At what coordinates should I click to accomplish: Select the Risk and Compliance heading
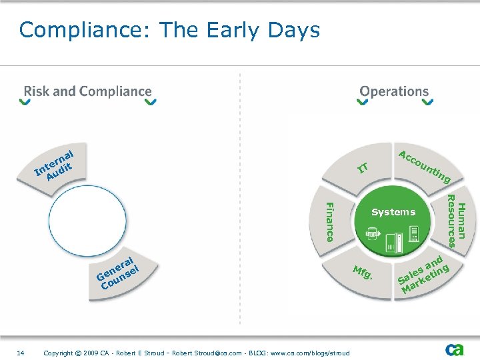(x=88, y=91)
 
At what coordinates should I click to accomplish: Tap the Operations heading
(x=394, y=91)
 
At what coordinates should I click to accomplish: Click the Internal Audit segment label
(x=54, y=164)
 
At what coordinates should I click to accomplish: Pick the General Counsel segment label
(x=119, y=273)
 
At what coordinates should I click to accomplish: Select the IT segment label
(x=363, y=167)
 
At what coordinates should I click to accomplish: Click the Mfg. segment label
(x=362, y=273)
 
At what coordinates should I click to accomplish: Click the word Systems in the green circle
(x=393, y=212)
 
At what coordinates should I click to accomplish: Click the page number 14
(x=20, y=353)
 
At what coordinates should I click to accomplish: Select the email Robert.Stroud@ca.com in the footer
(x=203, y=353)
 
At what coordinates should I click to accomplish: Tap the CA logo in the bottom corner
(x=455, y=349)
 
